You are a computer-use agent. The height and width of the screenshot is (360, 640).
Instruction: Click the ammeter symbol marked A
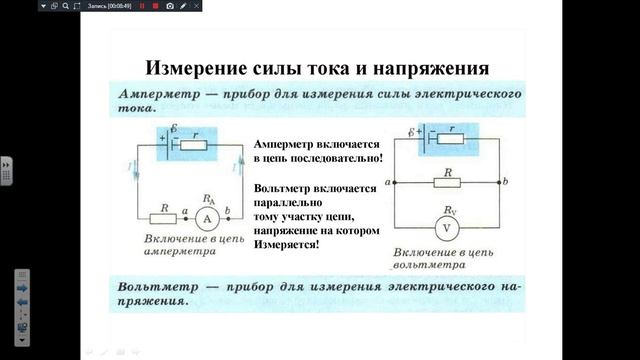(207, 218)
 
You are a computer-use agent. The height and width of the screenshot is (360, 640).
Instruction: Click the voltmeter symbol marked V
(448, 228)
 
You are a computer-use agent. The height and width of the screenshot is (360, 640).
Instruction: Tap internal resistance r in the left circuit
(195, 145)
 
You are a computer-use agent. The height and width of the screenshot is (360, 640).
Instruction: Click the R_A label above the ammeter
(208, 198)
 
